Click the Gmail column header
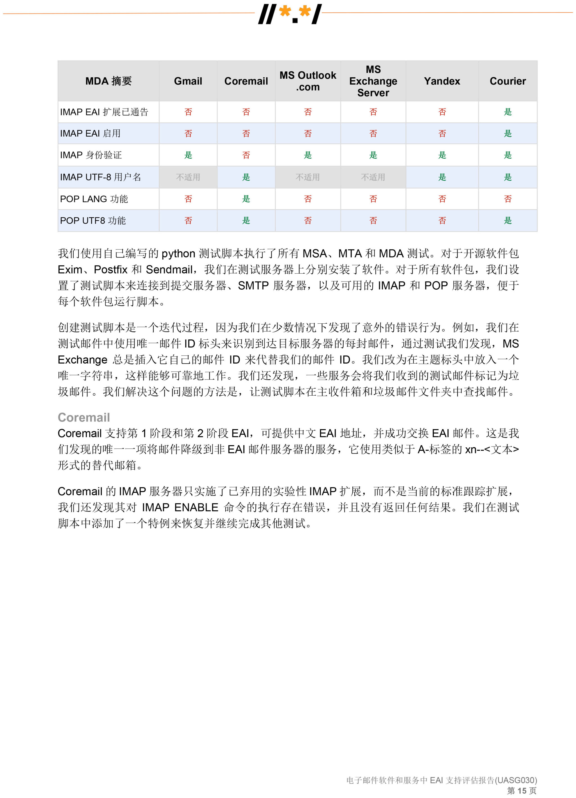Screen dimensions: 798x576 pos(188,81)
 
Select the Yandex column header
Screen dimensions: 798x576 pos(442,81)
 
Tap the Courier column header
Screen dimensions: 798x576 pos(507,81)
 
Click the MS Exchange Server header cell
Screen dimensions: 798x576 pos(373,81)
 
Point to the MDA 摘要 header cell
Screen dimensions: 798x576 pos(108,81)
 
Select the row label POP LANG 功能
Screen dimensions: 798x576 pos(94,199)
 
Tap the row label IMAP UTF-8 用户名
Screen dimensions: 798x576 pos(100,177)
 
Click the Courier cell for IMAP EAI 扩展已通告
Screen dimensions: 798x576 pos(507,112)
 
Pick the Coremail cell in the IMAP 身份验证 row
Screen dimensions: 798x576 pos(246,155)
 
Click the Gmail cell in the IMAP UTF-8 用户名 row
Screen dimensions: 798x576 pos(188,177)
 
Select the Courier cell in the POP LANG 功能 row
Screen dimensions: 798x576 pos(507,199)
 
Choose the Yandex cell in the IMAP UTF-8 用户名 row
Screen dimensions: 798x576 pos(442,177)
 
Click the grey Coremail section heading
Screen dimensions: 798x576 pos(84,417)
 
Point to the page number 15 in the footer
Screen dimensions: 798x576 pos(522,791)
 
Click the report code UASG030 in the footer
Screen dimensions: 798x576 pos(516,780)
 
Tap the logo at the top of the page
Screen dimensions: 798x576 pos(290,14)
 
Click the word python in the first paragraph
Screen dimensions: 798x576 pos(178,254)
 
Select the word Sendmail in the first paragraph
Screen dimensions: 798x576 pos(169,270)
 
